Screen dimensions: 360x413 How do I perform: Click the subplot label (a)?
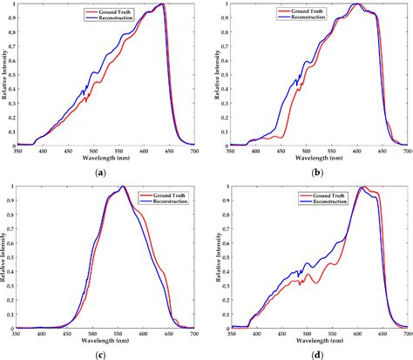(102, 173)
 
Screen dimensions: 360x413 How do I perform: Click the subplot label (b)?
(318, 173)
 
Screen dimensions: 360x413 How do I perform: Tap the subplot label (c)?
(102, 354)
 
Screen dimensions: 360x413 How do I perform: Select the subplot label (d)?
(318, 354)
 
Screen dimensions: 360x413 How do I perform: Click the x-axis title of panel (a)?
(102, 160)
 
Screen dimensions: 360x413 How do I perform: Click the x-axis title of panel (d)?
(318, 342)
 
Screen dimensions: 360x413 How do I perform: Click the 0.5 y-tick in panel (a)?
(7, 75)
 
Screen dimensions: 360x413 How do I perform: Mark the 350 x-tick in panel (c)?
(15, 335)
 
